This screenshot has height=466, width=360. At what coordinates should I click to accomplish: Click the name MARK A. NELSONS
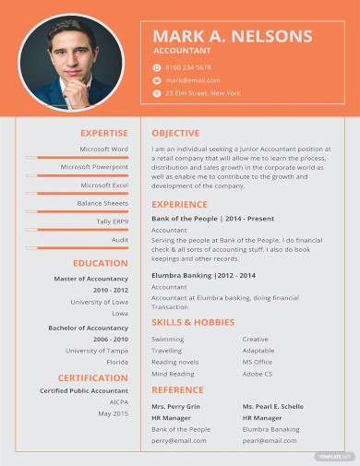[x=232, y=36]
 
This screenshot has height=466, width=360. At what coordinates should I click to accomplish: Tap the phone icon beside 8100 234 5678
[x=156, y=67]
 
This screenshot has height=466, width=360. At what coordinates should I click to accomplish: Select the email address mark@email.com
[x=187, y=80]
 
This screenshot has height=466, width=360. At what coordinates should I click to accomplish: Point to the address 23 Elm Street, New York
[x=202, y=93]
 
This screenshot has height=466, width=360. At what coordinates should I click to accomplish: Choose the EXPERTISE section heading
[x=104, y=133]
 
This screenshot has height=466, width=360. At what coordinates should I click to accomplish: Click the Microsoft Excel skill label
[x=104, y=185]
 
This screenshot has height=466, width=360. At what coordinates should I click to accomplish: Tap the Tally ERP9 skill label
[x=113, y=221]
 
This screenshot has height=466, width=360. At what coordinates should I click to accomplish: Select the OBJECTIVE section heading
[x=175, y=133]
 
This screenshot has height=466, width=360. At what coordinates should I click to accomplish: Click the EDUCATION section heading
[x=101, y=263]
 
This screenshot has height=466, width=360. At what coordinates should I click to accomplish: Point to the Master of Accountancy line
[x=91, y=278]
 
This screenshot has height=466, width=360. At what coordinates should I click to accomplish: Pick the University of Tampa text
[x=97, y=350]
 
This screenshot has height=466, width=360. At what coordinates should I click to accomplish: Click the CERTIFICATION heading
[x=93, y=377]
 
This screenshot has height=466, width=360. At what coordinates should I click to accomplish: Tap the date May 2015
[x=114, y=413]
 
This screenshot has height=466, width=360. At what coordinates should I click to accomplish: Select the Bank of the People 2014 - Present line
[x=212, y=218]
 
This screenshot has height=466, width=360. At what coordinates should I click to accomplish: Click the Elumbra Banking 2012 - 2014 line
[x=203, y=275]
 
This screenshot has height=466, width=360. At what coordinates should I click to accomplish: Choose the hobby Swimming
[x=167, y=339]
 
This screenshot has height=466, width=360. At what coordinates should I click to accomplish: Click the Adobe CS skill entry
[x=258, y=375]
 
